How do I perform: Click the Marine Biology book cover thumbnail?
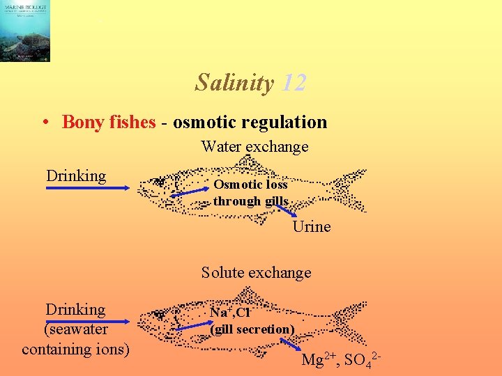[25, 31]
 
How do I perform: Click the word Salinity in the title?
[234, 83]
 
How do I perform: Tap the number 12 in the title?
[294, 83]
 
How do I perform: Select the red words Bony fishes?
[107, 123]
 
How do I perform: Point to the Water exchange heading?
[254, 147]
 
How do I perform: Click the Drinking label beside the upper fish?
[76, 175]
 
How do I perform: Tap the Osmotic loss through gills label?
[251, 193]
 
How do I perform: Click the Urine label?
[312, 227]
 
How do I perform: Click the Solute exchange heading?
[256, 272]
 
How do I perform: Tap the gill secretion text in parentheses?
[252, 329]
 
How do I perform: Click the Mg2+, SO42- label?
[341, 361]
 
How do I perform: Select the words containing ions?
[76, 348]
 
